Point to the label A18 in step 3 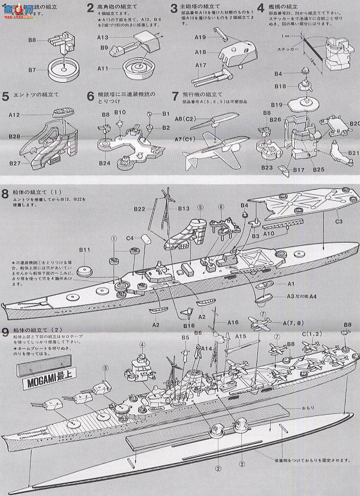coord(200,52)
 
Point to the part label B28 coord(14,136)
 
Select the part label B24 coord(104,162)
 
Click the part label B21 coord(354,153)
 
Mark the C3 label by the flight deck coord(339,221)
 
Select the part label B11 coord(84,249)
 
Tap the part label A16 coord(233,322)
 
